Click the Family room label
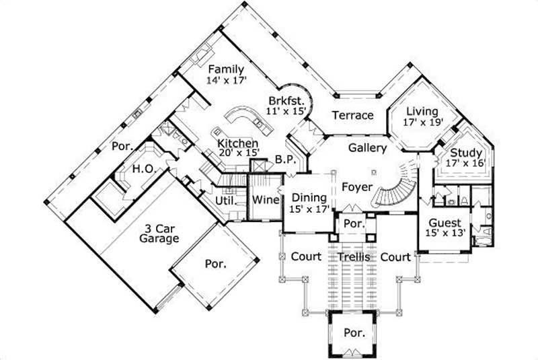tap(225, 69)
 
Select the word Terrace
tap(352, 115)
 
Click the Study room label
tap(465, 153)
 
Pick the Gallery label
tap(367, 147)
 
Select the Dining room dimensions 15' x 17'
tap(309, 209)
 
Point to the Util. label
tap(224, 200)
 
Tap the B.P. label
tap(283, 160)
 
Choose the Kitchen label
tap(237, 144)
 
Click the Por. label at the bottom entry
tap(354, 332)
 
